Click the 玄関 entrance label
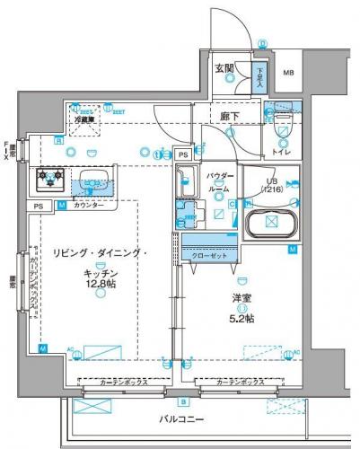point(224,67)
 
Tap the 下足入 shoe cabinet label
point(259,74)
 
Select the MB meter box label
point(290,73)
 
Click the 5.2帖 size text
point(241,317)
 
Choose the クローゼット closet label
point(209,256)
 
